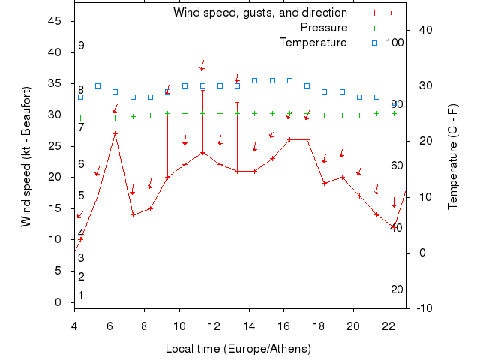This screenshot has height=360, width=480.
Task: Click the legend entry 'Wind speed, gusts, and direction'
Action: coord(259,13)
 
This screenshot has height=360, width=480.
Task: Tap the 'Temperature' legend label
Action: coord(313,43)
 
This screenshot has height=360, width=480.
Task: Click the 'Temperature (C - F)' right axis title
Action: coord(453,157)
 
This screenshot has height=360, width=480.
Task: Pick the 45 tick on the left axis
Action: coord(55,21)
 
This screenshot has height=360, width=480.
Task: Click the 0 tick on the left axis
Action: coord(58,302)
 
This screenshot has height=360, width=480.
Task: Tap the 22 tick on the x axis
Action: coord(388,325)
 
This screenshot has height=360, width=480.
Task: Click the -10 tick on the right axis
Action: coord(421,308)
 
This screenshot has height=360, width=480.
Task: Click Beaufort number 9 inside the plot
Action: coord(81,46)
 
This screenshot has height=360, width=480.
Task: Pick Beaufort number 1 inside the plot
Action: coord(81,295)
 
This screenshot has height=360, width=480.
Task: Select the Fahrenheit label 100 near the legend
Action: coord(394,43)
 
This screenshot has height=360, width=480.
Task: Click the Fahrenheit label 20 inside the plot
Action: coord(397,289)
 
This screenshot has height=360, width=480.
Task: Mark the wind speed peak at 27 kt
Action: coord(115,133)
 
